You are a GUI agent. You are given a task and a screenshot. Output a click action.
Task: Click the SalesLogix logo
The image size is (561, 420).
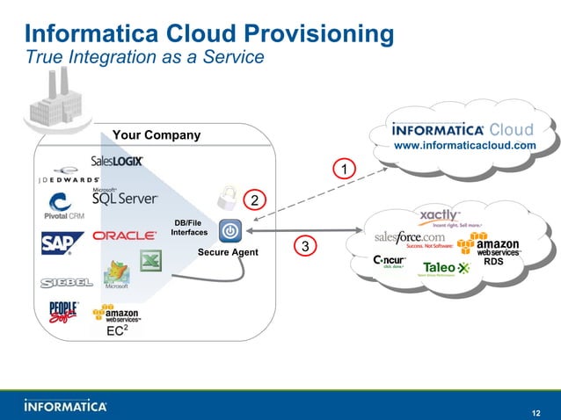click(x=116, y=162)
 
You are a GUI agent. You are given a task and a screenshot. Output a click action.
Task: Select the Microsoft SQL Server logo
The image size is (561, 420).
click(x=124, y=197)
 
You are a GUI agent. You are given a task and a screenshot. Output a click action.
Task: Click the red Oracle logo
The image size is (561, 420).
click(x=125, y=235)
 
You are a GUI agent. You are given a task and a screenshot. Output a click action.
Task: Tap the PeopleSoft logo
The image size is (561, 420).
click(x=63, y=314)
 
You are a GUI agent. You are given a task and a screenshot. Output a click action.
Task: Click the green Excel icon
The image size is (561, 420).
click(x=151, y=261)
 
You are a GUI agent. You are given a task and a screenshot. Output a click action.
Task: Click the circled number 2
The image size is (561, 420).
click(x=254, y=200)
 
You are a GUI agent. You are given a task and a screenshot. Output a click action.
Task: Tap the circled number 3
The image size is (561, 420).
click(x=304, y=247)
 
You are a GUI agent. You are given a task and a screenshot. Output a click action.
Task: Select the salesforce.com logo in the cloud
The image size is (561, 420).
click(x=411, y=237)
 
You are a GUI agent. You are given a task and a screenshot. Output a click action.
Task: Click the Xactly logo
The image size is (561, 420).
click(x=439, y=217)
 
